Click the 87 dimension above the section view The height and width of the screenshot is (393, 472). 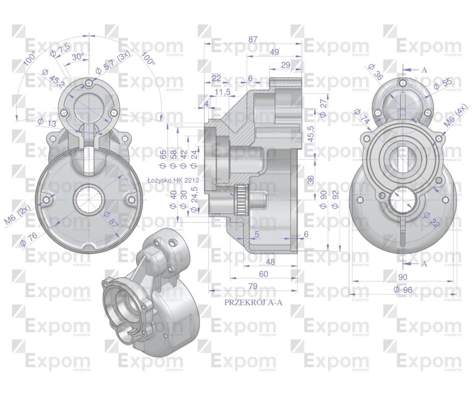click(x=253, y=39)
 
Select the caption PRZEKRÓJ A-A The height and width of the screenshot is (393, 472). click(x=253, y=303)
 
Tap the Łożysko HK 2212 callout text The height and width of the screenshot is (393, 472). click(x=173, y=180)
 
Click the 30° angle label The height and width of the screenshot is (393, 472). click(x=77, y=57)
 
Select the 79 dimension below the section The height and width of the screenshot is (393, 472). click(x=253, y=286)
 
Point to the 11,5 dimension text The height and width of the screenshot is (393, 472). click(x=223, y=92)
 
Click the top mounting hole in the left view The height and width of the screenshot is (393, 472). click(x=90, y=83)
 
